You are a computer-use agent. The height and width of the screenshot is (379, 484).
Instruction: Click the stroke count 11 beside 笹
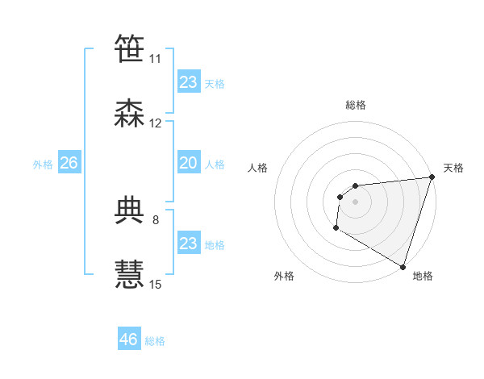[x=156, y=59]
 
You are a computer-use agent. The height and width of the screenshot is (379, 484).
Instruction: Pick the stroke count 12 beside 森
[x=156, y=123]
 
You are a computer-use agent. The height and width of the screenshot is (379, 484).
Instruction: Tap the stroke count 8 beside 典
[x=156, y=219]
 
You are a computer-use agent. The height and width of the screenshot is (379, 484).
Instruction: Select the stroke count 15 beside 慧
[x=156, y=284]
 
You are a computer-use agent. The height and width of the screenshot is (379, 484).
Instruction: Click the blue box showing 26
[x=69, y=163]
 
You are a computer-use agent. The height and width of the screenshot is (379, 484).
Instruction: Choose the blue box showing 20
[x=188, y=163]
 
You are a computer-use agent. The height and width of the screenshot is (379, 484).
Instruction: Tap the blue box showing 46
[x=129, y=339]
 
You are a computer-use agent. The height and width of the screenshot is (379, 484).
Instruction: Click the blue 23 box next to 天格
[x=188, y=82]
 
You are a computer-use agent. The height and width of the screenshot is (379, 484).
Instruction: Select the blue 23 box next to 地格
[x=188, y=244]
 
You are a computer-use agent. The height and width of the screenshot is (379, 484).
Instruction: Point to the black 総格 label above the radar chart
[x=356, y=105]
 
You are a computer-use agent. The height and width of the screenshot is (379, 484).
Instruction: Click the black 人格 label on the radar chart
[x=258, y=168]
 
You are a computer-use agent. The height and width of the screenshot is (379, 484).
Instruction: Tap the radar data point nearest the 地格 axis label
[x=403, y=267]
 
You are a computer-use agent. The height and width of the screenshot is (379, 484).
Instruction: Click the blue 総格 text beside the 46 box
[x=155, y=341]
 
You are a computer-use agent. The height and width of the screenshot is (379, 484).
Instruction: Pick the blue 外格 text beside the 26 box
[x=43, y=164]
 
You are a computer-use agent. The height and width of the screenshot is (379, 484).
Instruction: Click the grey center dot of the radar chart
[x=355, y=202]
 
